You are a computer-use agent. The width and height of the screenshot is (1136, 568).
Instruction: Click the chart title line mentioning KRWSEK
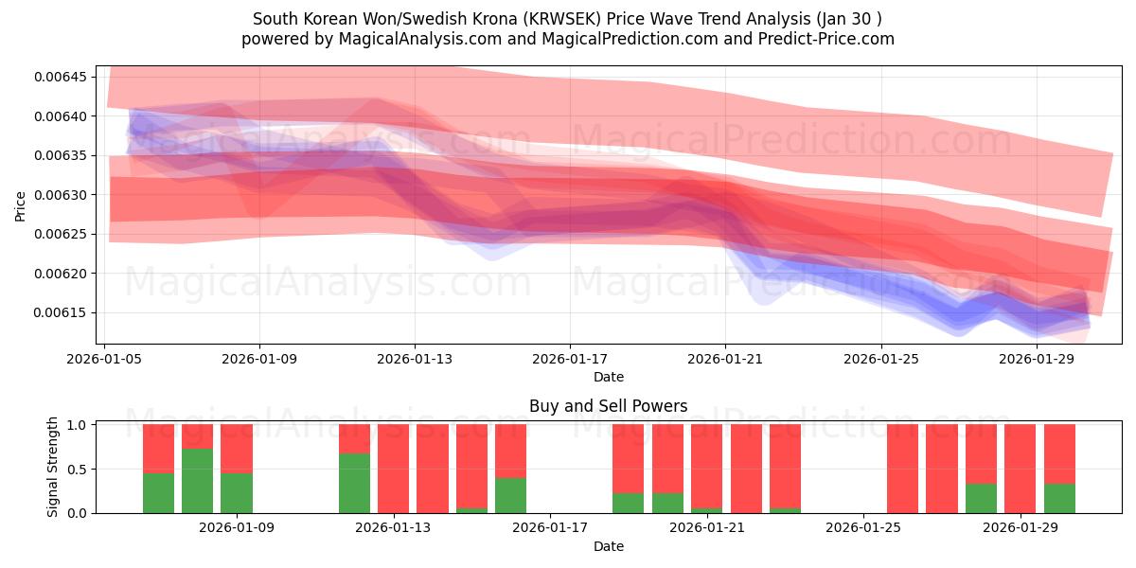coord(567,19)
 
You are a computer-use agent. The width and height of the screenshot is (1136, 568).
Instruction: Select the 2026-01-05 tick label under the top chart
coord(104,360)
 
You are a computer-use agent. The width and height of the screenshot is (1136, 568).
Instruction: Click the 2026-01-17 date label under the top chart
coord(570,360)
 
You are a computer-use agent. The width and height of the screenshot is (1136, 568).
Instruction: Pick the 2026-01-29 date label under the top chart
coord(1037,360)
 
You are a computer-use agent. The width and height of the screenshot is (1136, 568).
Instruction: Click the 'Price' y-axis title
coord(21,205)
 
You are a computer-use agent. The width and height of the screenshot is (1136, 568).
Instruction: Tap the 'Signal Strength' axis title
coord(53,467)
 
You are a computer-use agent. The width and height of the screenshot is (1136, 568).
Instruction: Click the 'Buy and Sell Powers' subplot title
coord(608,406)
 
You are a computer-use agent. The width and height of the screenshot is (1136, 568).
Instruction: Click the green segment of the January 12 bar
coord(354,484)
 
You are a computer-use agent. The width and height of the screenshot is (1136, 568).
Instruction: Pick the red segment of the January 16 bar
coord(510,451)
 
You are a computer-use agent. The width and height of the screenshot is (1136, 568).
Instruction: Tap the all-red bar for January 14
coord(433,469)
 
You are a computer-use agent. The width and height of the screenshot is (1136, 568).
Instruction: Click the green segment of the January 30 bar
coord(1059,498)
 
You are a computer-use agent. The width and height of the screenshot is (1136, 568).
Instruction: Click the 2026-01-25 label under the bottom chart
coord(864,528)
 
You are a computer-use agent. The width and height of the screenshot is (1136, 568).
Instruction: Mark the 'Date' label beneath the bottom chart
coord(608,546)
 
